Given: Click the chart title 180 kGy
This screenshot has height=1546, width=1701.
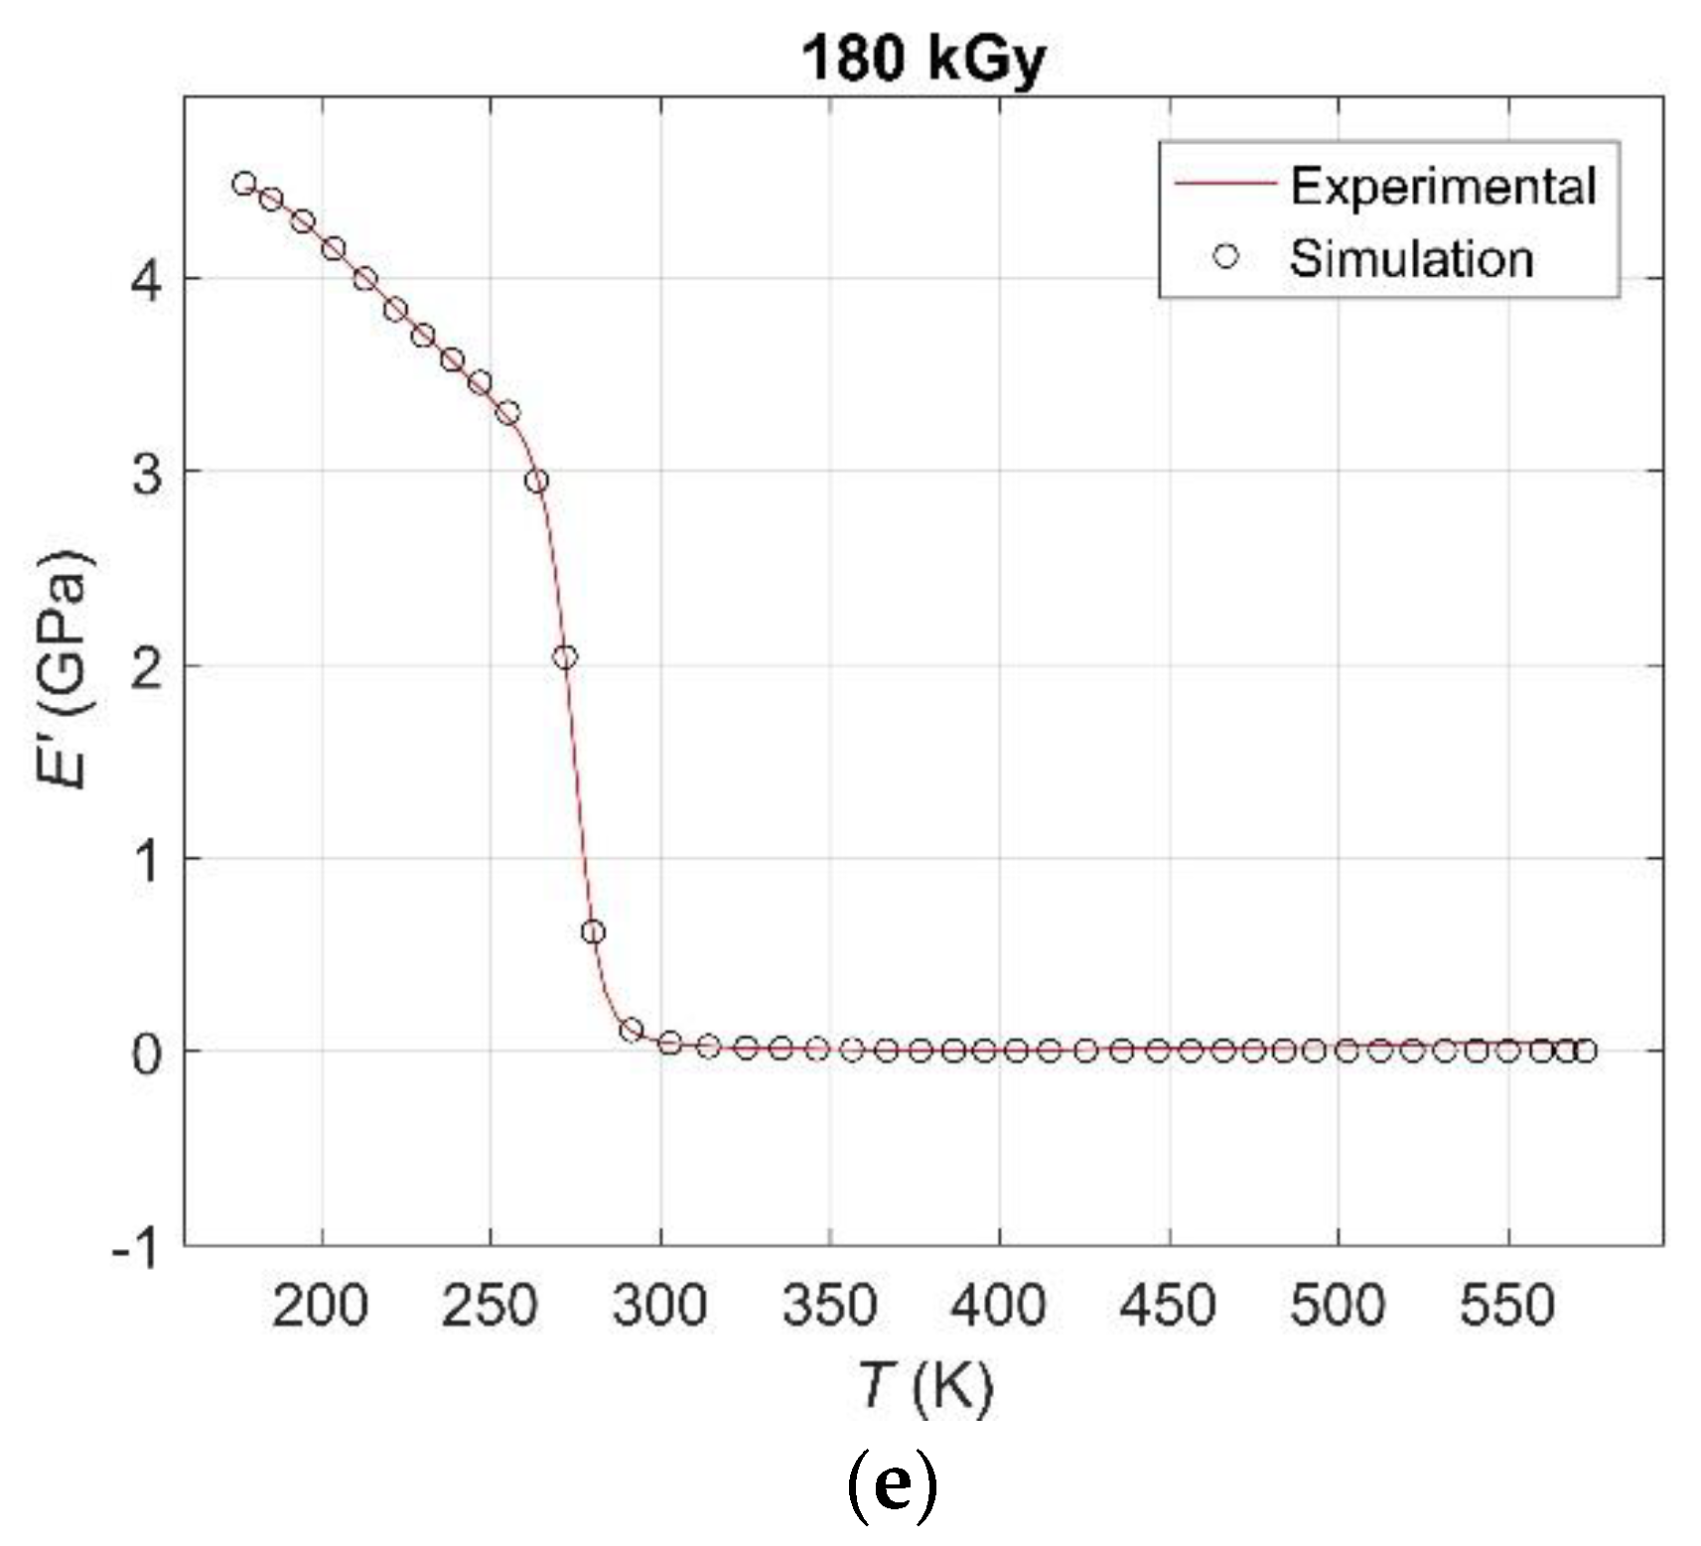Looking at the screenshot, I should point(922,59).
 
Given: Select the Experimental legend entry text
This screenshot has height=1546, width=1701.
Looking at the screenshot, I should point(1443,186).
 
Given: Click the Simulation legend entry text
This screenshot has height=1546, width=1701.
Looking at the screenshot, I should point(1411,258).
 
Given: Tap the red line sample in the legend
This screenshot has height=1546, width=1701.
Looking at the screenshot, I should point(1224,184).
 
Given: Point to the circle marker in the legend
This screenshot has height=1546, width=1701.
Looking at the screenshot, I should point(1226,256).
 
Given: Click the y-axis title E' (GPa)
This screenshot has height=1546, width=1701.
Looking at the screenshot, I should point(67,669).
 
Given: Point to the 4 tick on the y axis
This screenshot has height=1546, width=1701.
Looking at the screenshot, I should point(148,282).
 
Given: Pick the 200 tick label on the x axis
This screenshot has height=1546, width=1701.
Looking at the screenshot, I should point(320,1306).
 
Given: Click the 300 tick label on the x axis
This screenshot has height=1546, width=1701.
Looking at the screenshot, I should point(659,1306).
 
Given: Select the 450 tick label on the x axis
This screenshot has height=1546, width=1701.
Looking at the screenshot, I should point(1168,1306).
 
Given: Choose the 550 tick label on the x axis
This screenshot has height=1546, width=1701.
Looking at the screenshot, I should point(1506,1306).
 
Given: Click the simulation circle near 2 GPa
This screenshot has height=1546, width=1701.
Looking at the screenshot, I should point(565,656).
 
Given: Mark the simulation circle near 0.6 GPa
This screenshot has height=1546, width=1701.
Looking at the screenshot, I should point(593,931).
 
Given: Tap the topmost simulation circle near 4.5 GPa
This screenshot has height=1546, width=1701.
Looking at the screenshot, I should point(244,183).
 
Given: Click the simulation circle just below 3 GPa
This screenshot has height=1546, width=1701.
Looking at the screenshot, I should point(537,481).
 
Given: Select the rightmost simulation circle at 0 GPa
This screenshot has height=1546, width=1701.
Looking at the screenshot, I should point(1585,1051).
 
